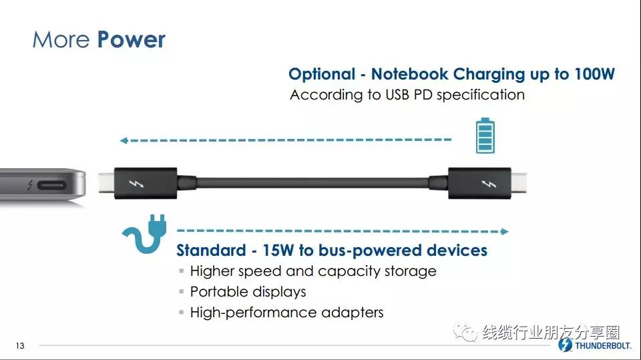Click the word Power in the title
pos(132,39)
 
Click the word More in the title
pos(61,39)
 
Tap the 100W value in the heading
pos(594,73)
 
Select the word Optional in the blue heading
pos(322,74)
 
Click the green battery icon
pos(485,136)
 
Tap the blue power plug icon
pos(145,233)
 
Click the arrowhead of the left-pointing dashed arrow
pos(124,140)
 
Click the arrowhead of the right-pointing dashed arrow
pos(505,232)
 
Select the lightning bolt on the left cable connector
pos(136,184)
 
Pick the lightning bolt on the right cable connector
pos(489,184)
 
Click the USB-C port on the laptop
pos(52,185)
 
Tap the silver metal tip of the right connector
pos(519,183)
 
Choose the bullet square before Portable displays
pos(182,291)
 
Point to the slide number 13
pos(20,346)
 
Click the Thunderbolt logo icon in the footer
pos(566,345)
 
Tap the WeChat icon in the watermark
pos(465,331)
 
